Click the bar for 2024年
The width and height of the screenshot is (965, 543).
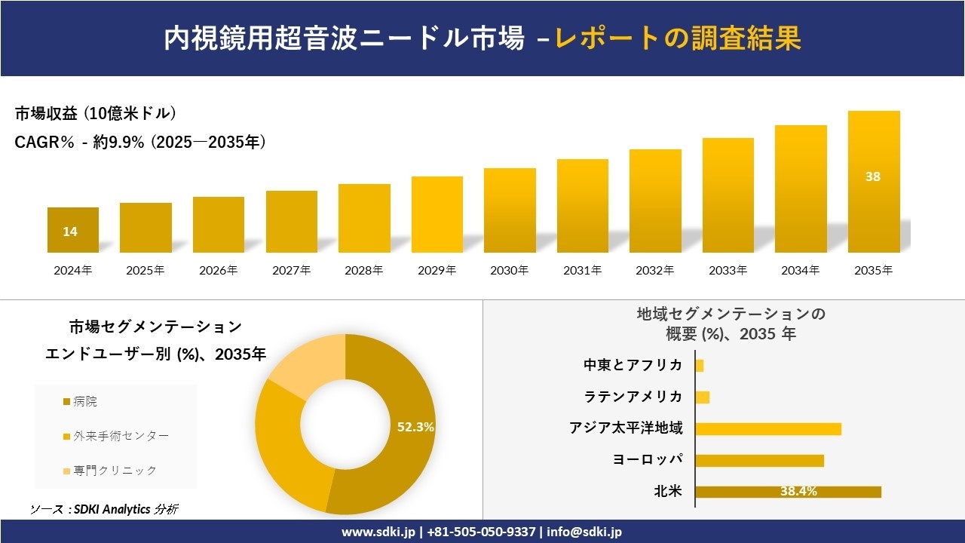73,230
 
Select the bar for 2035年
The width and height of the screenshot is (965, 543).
874,182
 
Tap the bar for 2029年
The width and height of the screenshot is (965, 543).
437,215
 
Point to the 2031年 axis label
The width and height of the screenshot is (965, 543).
583,271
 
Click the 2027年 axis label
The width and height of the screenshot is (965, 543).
292,271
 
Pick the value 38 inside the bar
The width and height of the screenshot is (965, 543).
873,176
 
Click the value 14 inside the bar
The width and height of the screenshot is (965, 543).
70,232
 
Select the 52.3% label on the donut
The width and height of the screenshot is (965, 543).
415,427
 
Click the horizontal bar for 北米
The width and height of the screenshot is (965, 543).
788,492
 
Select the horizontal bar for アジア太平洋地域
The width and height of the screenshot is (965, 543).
768,428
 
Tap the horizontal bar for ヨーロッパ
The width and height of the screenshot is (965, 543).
759,460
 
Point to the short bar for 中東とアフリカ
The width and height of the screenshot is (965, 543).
700,366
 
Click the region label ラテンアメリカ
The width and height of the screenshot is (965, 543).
633,397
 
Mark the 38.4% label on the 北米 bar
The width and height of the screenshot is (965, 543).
798,492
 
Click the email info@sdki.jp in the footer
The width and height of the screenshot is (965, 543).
584,532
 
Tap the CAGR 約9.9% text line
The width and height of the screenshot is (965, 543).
140,143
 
